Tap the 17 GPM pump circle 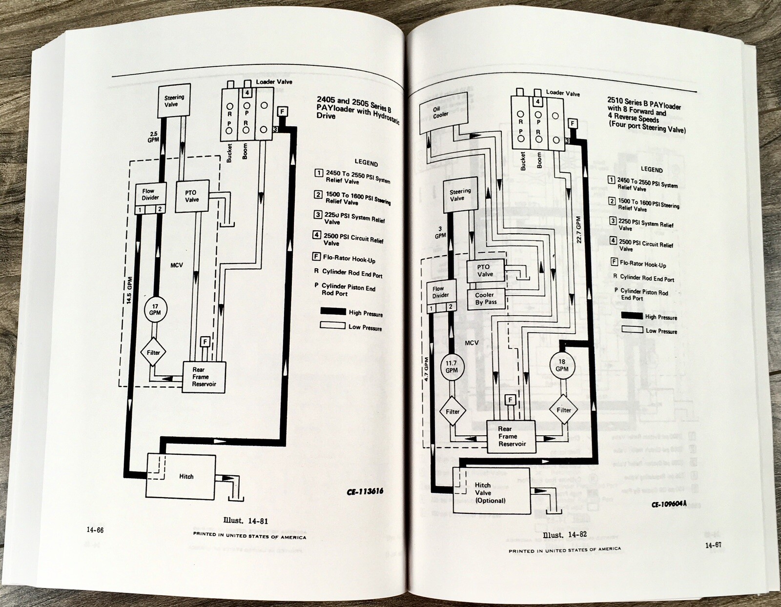click(155, 309)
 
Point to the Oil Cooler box click(440, 113)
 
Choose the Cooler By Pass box click(486, 299)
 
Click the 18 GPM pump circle click(562, 365)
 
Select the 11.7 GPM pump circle click(451, 367)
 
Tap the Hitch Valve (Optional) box click(491, 492)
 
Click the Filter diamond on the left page click(153, 352)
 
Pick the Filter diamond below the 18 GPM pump click(564, 410)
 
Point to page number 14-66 click(95, 530)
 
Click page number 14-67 click(713, 545)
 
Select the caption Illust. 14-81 click(246, 521)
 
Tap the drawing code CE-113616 click(365, 491)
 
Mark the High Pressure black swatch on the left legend click(333, 311)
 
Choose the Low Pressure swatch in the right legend click(632, 330)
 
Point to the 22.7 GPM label click(579, 230)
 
